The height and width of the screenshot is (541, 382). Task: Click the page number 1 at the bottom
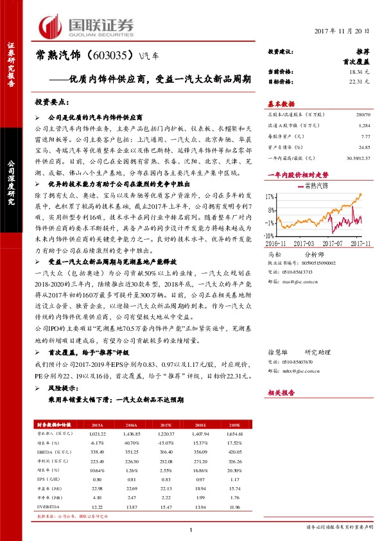(191, 529)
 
